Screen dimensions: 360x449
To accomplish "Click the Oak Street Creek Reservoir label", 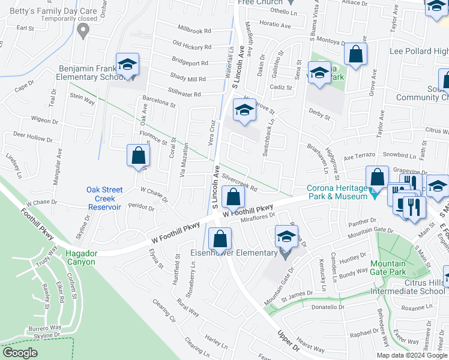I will [104, 198].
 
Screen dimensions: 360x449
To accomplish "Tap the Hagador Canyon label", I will [81, 257].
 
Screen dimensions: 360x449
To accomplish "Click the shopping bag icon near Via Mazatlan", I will [139, 155].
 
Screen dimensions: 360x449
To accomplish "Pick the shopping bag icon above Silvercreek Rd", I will [232, 196].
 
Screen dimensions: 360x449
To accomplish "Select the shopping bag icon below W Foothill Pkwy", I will [220, 238].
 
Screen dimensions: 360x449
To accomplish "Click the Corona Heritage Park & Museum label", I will [337, 192].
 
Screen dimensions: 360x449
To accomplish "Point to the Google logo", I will [20, 353].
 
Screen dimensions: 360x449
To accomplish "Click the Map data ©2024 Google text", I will [412, 355].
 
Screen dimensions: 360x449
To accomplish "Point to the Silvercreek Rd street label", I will [240, 182].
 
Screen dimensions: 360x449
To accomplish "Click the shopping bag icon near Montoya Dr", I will [356, 54].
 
